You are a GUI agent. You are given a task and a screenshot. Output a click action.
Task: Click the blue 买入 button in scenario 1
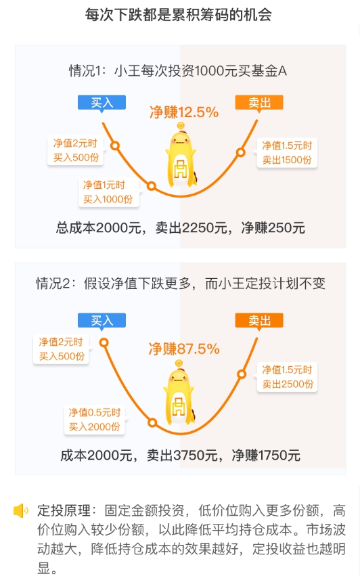pos(102,102)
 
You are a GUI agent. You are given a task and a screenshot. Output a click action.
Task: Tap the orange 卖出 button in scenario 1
pos(259,102)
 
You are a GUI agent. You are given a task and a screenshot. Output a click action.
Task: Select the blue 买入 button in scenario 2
pos(102,320)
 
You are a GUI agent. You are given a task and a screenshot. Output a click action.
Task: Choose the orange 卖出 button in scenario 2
pos(259,320)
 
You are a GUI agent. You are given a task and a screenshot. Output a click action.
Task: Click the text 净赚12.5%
pos(184,112)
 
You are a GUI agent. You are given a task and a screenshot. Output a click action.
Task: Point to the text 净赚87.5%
pos(184,349)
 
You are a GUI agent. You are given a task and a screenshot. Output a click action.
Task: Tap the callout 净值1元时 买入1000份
pos(109,192)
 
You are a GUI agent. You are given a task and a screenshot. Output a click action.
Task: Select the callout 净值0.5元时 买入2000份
pos(94,420)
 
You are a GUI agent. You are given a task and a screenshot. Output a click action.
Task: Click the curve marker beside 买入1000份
pos(151,185)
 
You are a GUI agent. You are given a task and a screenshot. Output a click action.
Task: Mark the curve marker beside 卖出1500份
pos(241,152)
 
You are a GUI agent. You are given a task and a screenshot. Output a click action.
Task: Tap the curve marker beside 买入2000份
pos(152,422)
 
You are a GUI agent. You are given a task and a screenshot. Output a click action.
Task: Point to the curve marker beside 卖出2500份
pos(242,374)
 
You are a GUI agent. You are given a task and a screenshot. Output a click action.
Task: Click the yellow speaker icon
pos(20,511)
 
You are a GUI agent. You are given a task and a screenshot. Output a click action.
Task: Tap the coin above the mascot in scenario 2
pos(179,364)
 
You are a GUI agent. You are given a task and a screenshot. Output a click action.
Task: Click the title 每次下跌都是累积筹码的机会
pos(179,15)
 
